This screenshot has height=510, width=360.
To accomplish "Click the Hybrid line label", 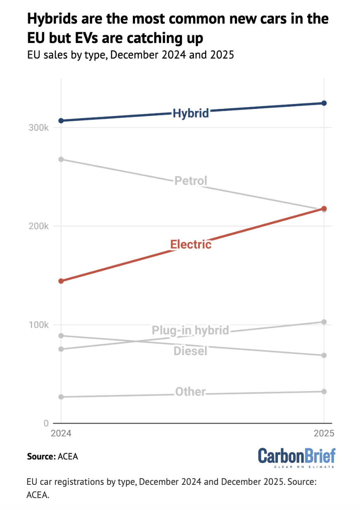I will [x=191, y=113].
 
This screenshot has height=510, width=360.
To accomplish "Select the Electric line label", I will [x=191, y=244].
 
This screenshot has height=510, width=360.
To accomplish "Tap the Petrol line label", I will [x=191, y=181].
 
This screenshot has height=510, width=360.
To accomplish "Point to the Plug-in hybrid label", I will [x=190, y=330].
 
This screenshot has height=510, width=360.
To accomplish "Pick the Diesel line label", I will [x=190, y=351].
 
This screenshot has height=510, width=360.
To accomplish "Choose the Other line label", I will [x=190, y=392].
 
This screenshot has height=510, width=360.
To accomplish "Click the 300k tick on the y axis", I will [x=39, y=128].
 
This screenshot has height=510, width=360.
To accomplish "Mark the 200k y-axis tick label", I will [x=39, y=227].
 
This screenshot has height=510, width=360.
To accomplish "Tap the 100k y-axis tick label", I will [x=39, y=325].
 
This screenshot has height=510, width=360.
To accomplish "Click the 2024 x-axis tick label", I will [x=61, y=434].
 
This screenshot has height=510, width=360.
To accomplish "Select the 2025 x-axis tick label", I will [x=324, y=434].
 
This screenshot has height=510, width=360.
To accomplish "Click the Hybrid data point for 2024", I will [x=61, y=120].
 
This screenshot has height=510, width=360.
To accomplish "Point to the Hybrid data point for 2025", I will [x=324, y=103].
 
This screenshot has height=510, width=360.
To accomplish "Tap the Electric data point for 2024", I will [x=61, y=281].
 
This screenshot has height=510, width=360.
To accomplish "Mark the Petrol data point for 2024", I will [x=61, y=159].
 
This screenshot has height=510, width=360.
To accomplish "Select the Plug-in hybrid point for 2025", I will [x=324, y=322].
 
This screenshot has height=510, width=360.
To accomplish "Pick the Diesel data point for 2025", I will [x=324, y=355].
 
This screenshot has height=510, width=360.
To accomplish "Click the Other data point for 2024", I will [x=61, y=397].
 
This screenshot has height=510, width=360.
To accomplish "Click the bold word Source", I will [x=41, y=456].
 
